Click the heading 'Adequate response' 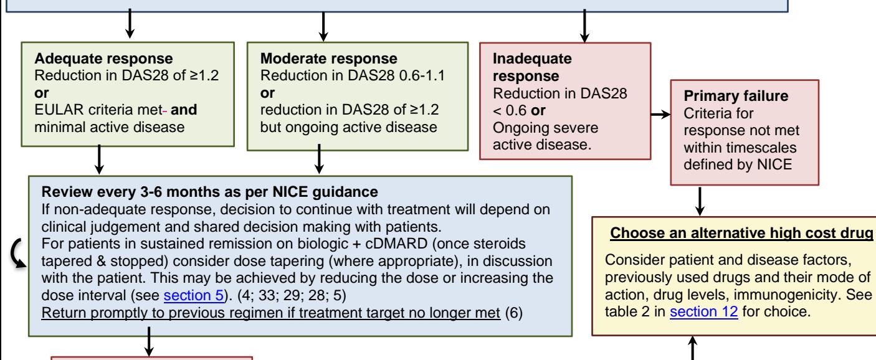(x=103, y=59)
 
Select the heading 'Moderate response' (x=329, y=59)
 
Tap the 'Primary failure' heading (x=736, y=96)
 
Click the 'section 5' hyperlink (x=194, y=295)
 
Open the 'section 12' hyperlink (x=704, y=311)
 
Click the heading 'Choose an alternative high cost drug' (x=742, y=233)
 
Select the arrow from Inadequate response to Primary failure (x=661, y=114)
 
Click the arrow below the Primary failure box (x=700, y=201)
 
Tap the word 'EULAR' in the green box (x=59, y=110)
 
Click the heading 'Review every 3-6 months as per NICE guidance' (x=209, y=192)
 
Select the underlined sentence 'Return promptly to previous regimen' (x=271, y=313)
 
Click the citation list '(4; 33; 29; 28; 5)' (x=292, y=295)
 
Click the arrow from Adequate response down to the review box (x=99, y=159)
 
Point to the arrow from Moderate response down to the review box (x=319, y=159)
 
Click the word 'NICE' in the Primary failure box (x=774, y=164)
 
